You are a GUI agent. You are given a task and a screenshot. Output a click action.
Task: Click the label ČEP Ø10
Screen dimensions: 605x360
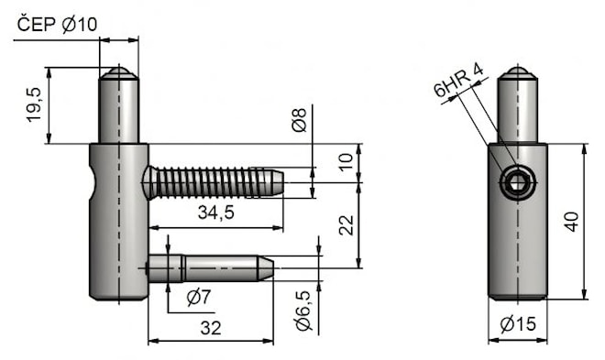click(57, 25)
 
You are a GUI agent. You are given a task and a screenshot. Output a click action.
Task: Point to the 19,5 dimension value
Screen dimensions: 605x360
click(34, 104)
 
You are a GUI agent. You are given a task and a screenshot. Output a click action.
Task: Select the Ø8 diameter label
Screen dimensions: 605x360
click(300, 120)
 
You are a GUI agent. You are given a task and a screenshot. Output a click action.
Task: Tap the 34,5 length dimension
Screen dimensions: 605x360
click(216, 213)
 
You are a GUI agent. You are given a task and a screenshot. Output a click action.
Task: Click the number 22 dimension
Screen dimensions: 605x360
click(346, 225)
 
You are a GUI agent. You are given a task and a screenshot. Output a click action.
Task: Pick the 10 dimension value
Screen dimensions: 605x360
click(346, 162)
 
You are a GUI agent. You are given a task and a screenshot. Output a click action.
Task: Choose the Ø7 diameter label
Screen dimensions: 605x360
click(199, 297)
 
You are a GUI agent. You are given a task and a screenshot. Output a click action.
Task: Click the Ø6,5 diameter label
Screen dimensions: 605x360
click(303, 311)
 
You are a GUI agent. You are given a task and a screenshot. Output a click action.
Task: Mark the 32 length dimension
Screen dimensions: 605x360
click(211, 328)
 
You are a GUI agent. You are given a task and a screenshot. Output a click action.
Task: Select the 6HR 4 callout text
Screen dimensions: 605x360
click(458, 81)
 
